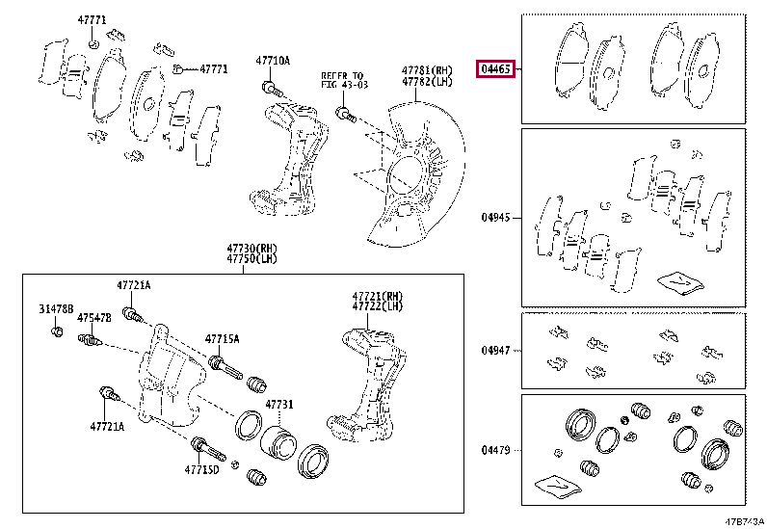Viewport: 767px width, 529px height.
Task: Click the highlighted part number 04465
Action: [496, 68]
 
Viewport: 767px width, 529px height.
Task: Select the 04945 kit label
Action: [496, 218]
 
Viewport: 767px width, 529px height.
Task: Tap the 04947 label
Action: [496, 350]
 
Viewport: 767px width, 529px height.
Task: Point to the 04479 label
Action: [496, 450]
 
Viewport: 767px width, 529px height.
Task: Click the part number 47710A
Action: [272, 61]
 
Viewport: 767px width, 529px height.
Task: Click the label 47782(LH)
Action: [427, 82]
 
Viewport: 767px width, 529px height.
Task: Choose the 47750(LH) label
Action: [252, 260]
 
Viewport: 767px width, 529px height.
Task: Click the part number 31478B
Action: [56, 308]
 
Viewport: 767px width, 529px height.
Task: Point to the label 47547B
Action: [94, 317]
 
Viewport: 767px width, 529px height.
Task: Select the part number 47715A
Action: [222, 339]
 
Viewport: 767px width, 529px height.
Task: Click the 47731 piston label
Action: [278, 405]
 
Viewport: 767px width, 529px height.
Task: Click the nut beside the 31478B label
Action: [57, 332]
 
